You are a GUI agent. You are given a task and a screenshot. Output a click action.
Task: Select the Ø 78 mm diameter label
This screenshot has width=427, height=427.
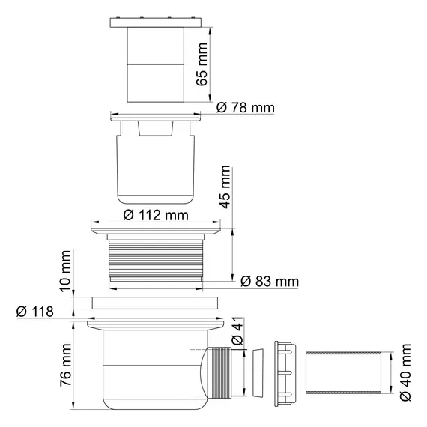click(x=245, y=108)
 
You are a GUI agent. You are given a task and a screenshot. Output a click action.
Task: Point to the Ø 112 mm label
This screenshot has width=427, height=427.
click(x=155, y=215)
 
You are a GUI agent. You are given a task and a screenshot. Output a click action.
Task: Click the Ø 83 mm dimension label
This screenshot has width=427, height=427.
click(x=270, y=282)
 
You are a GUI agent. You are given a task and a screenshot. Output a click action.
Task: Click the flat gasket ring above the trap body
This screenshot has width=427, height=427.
click(x=156, y=303)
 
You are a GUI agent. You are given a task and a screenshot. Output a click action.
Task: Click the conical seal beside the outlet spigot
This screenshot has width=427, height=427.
click(x=257, y=373)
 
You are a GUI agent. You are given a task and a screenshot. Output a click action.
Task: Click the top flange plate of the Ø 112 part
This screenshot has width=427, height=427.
click(x=156, y=228)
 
